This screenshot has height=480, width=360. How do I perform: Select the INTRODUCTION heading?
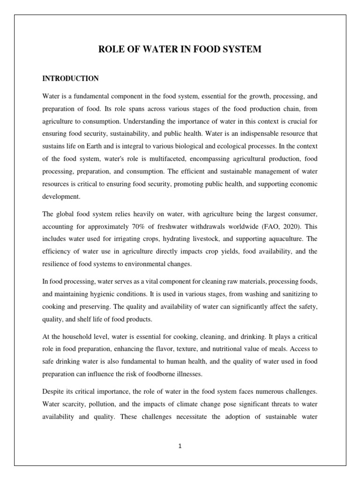click(70, 78)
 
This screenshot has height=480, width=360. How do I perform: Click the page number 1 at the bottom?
click(180, 446)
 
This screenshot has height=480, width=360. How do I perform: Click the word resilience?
click(57, 264)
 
